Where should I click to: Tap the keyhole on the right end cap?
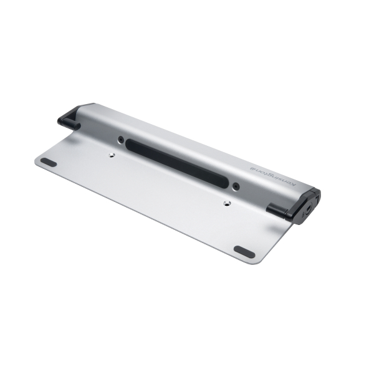click(309, 208)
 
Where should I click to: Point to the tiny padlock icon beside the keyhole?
click(304, 215)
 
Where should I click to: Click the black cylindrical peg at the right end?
click(277, 211)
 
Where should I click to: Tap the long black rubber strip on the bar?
click(177, 163)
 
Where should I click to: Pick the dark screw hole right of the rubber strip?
click(236, 186)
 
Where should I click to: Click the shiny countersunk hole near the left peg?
click(111, 155)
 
